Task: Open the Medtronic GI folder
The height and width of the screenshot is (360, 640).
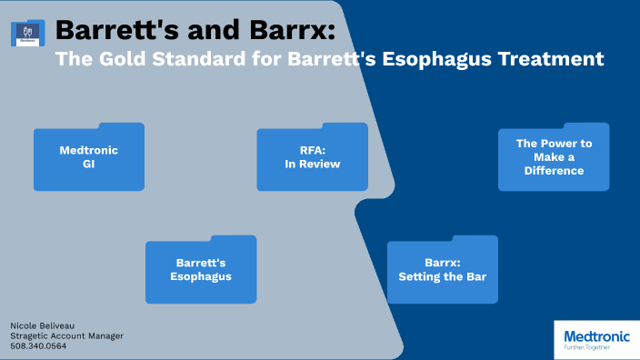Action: (88, 157)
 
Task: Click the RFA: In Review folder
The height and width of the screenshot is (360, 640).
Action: (312, 157)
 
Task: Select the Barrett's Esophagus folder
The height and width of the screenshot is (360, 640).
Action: (201, 270)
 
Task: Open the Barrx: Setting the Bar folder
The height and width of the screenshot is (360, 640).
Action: (443, 270)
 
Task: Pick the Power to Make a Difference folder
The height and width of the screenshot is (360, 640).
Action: (554, 157)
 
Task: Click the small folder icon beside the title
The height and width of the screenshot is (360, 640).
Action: (27, 34)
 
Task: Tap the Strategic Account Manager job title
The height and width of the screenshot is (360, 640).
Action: (66, 335)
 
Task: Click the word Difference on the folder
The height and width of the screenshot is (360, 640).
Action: (554, 170)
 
